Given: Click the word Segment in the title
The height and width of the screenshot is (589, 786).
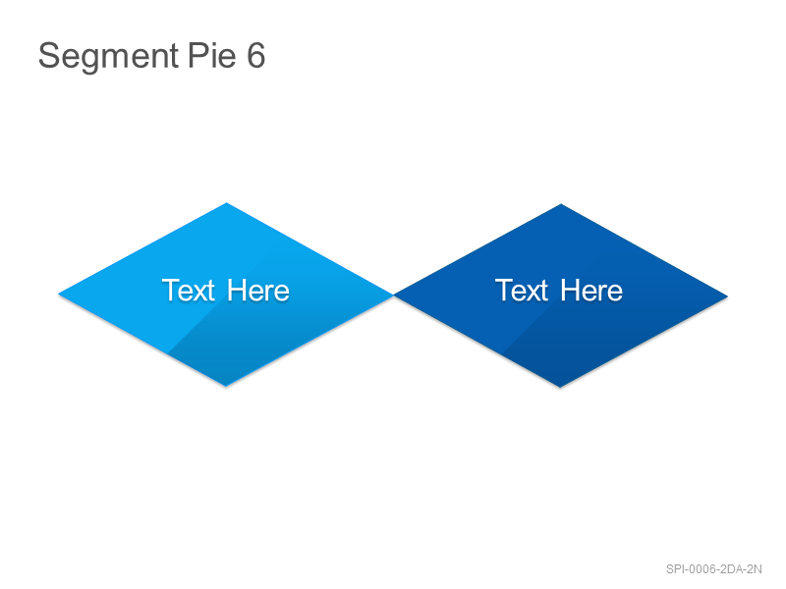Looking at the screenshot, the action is [x=108, y=57].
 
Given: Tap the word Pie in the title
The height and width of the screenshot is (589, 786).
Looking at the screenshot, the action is [x=212, y=55].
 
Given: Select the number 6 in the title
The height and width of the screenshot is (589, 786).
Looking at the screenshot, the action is [x=255, y=55].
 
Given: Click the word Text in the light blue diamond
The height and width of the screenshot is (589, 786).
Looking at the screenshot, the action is [x=189, y=290].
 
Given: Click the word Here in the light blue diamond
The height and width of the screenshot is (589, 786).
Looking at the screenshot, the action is [x=258, y=290].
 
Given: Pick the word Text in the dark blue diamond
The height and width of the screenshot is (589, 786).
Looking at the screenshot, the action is [x=522, y=290].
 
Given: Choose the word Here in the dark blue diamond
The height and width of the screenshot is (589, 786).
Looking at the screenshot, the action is [x=591, y=290].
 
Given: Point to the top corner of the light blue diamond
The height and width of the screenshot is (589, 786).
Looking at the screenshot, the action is [x=226, y=203].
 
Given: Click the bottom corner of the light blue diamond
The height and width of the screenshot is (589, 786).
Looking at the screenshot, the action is [x=226, y=386].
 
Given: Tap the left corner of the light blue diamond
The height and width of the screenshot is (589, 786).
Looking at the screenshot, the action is [x=59, y=294].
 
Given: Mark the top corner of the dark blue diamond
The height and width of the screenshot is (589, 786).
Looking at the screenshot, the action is [x=561, y=204].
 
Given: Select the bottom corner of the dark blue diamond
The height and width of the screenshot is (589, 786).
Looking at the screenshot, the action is [x=560, y=387].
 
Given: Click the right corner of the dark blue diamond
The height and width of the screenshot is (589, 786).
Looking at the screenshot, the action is [x=728, y=296].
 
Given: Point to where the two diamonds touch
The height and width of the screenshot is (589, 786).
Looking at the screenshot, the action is [x=394, y=295].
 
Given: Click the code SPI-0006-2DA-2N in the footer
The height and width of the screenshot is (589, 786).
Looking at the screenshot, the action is [x=714, y=569].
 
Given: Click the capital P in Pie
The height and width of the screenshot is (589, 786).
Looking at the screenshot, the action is [x=198, y=55].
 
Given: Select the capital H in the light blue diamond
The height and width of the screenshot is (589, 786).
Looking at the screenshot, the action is [x=237, y=290].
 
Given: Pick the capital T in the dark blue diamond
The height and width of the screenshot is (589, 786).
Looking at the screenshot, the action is [x=505, y=290].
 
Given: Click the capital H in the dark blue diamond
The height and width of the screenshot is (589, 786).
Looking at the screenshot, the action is [x=570, y=290].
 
